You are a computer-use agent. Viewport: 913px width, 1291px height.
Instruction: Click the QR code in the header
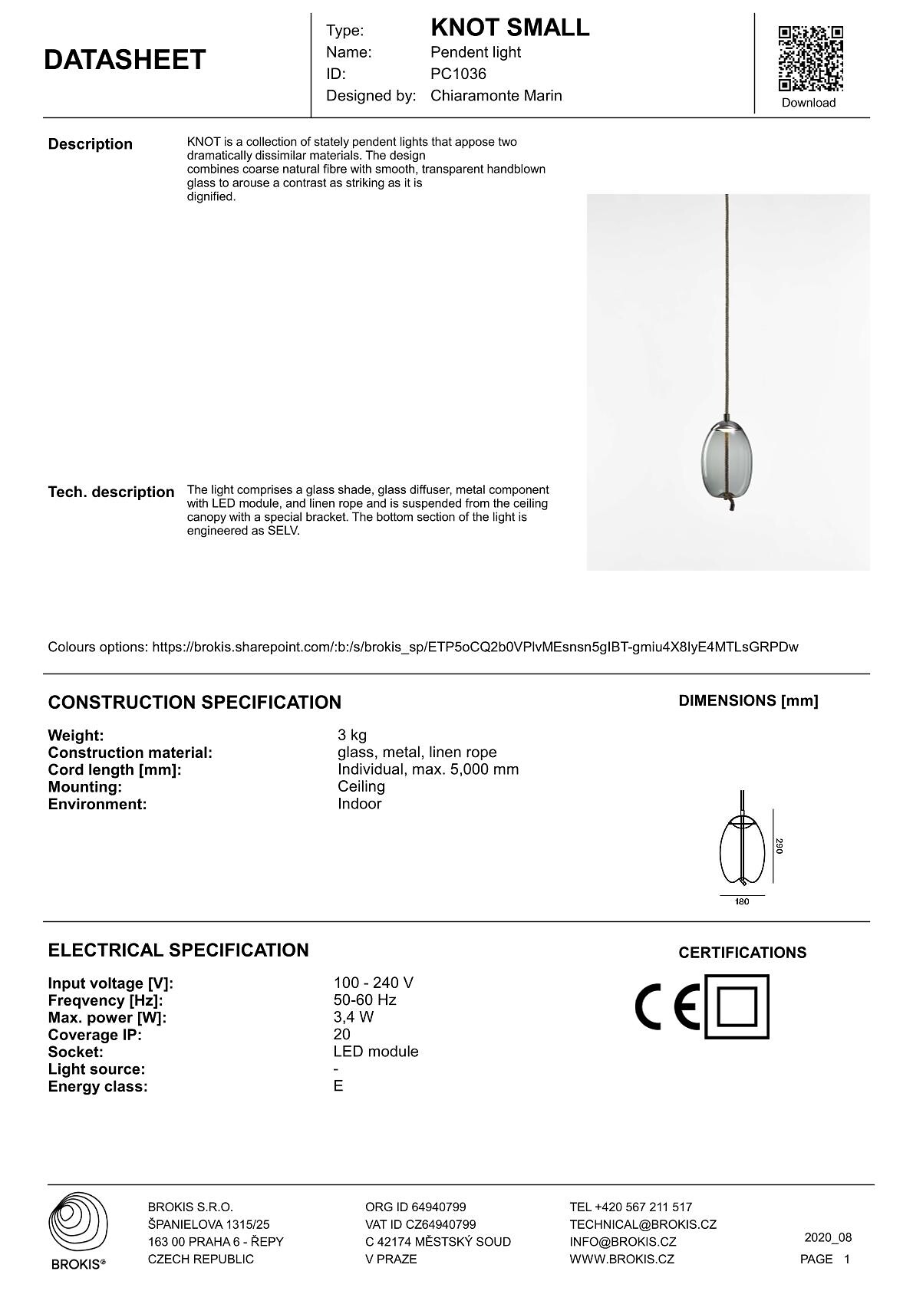810,58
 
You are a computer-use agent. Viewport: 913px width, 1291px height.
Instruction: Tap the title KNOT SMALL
509,28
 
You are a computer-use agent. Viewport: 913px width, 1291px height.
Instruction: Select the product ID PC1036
458,74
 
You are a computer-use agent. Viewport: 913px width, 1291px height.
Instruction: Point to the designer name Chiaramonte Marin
496,96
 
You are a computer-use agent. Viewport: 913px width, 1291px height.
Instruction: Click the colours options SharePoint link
475,647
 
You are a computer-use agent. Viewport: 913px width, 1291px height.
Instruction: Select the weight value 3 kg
352,735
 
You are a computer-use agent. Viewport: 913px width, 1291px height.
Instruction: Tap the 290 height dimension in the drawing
778,846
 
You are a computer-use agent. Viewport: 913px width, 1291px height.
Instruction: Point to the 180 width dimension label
742,901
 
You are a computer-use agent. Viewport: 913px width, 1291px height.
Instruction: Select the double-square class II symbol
737,1006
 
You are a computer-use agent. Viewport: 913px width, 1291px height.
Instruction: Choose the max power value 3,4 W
354,1017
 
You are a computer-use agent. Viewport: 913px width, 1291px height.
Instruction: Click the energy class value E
338,1086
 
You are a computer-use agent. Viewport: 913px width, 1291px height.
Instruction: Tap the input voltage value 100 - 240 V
374,983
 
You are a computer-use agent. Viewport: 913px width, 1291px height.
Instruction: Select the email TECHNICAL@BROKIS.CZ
643,1224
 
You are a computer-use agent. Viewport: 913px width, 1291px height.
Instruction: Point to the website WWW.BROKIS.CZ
621,1259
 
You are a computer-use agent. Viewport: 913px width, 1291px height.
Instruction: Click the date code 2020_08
828,1237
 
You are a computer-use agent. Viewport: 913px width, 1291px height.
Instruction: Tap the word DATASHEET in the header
125,60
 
